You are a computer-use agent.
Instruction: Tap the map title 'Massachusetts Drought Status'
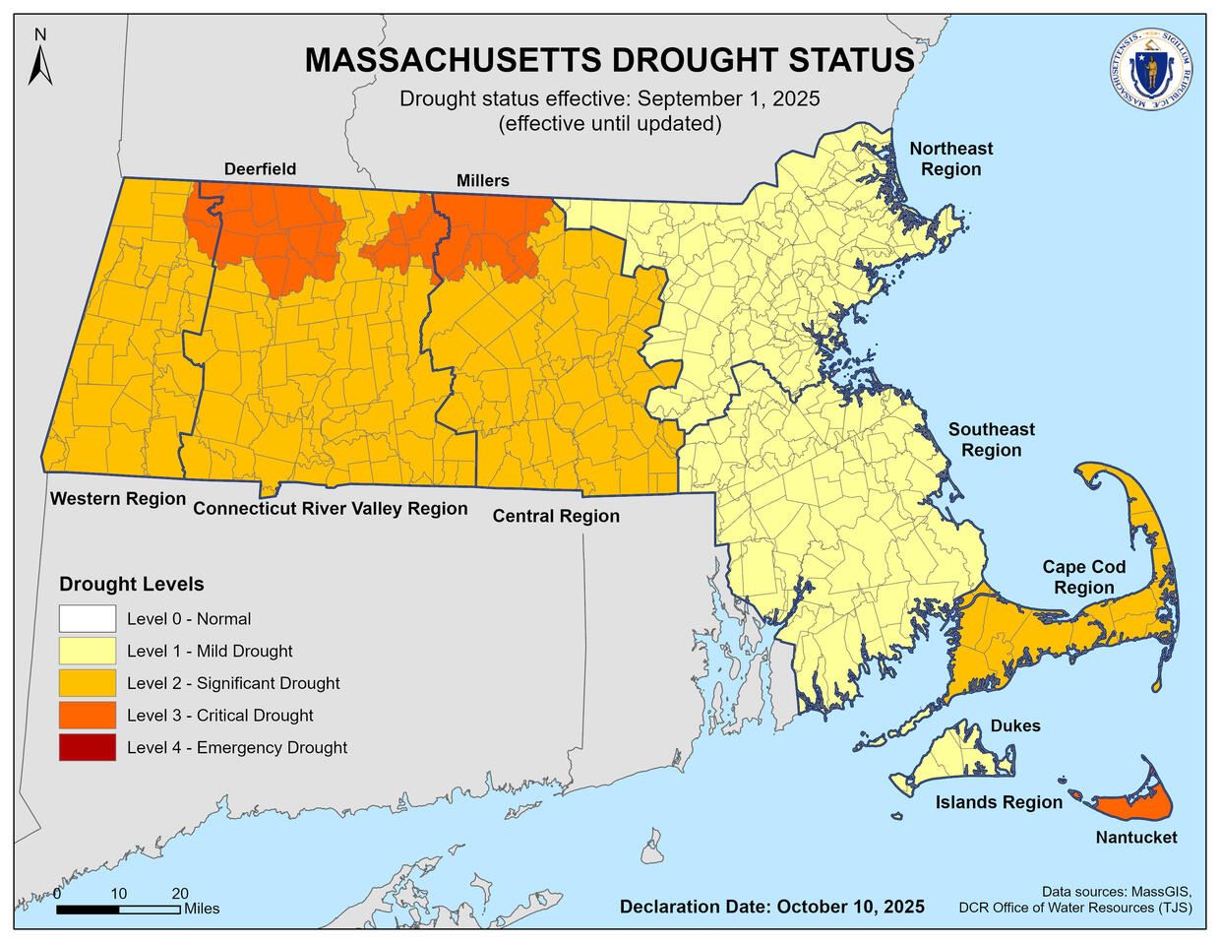609,60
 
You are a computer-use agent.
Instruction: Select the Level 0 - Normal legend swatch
87,619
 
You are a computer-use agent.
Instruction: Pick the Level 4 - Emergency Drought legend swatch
87,747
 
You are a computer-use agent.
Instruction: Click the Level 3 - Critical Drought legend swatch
87,716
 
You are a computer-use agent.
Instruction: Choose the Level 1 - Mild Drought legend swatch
87,651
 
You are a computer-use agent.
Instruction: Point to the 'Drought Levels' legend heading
132,584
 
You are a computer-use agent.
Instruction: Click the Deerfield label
260,169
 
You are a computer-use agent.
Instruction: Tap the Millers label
482,180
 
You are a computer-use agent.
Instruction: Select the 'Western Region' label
118,499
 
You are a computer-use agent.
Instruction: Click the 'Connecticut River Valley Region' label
330,509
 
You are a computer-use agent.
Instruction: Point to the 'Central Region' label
556,516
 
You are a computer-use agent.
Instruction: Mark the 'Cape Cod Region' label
1084,578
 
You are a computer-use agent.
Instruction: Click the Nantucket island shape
1131,803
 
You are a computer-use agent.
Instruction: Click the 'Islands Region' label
999,802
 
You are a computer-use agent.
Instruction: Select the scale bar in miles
118,909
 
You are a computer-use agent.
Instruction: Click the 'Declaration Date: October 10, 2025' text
771,907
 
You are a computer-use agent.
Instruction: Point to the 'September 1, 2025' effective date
728,99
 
